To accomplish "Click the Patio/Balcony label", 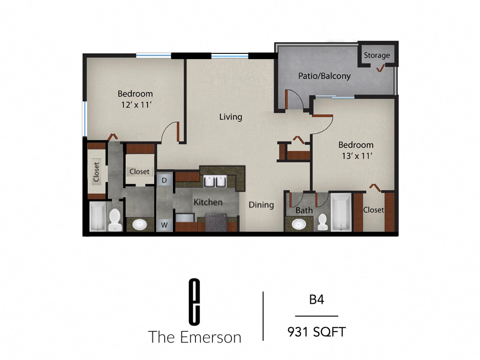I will [324, 75].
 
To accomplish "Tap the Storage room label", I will [377, 55].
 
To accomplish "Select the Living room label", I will [231, 117].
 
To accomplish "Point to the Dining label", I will [261, 205].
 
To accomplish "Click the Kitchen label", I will [208, 202].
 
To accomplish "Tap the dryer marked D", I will [165, 180].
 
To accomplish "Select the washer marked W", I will [165, 225].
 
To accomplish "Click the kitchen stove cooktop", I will [216, 222].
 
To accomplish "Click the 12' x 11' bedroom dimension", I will [135, 105].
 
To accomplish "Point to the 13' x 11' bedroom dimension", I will [356, 156].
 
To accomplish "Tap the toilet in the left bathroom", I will [115, 220].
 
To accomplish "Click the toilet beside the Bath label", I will [322, 222].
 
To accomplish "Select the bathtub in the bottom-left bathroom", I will [97, 216].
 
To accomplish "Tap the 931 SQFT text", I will [316, 332].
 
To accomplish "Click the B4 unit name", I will [316, 300].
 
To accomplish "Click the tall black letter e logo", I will [194, 301].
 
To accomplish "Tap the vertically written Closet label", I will [97, 172].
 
